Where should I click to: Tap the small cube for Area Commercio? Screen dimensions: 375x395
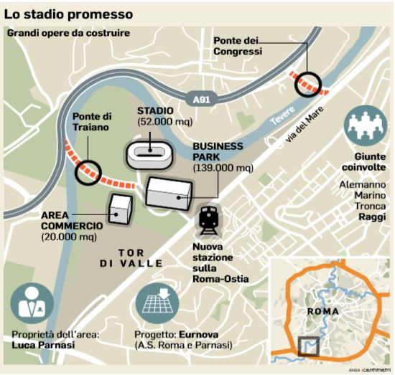119,207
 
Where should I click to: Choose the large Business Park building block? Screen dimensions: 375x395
169,191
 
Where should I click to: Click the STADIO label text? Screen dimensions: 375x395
155,110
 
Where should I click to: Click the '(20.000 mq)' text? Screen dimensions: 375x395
71,237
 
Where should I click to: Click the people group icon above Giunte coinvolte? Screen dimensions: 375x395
366,125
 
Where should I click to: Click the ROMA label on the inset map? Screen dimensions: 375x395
322,312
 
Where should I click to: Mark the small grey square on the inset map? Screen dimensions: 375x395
309,346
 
